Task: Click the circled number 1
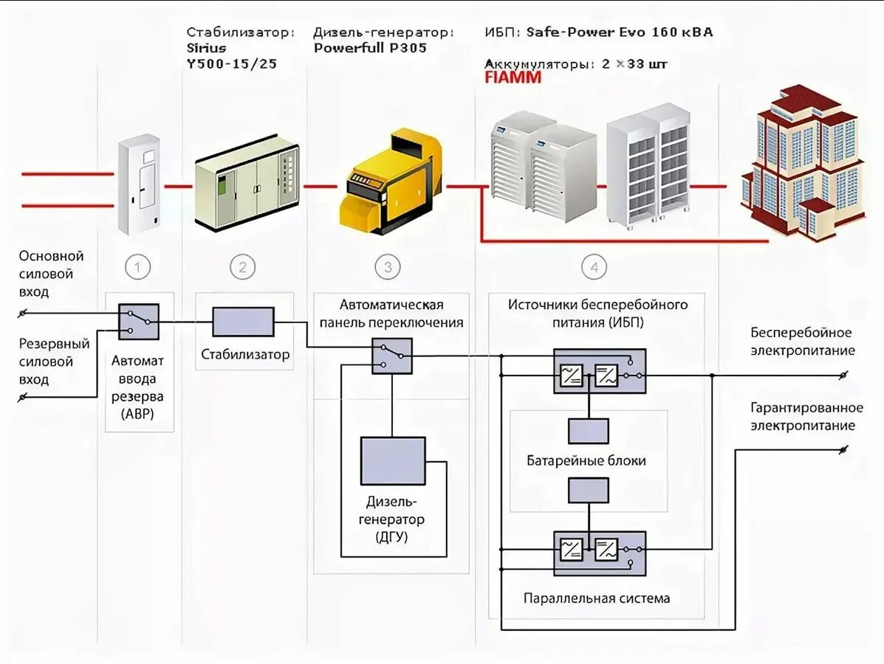coord(137,267)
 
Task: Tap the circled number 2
coord(242,267)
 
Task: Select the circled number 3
coord(388,267)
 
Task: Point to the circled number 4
coord(595,267)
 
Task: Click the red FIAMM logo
coord(513,77)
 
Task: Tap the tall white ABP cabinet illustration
coord(140,184)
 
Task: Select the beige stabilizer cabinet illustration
coord(247,182)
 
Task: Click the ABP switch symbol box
coord(139,322)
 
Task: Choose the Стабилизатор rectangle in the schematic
coord(243,322)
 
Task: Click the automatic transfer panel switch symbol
coord(392,356)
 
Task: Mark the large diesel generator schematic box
coord(393,460)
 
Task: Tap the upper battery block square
coord(589,431)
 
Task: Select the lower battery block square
coord(589,490)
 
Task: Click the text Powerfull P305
coord(371,48)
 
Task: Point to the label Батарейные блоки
coord(586,460)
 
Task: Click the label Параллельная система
coord(597,598)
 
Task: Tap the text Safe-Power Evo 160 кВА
coord(620,32)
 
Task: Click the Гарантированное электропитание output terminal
coord(843,450)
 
